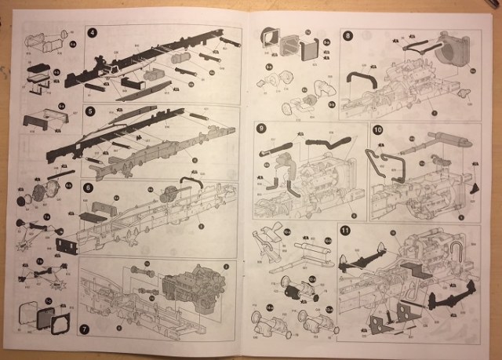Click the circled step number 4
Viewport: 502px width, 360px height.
coord(93,34)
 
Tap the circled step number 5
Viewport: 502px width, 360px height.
coord(92,111)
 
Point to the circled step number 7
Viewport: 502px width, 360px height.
coord(85,329)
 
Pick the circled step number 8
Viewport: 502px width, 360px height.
coord(347,35)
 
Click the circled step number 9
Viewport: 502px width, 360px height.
coord(262,129)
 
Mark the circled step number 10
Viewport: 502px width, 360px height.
coord(378,129)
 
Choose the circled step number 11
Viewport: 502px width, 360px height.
coord(346,230)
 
